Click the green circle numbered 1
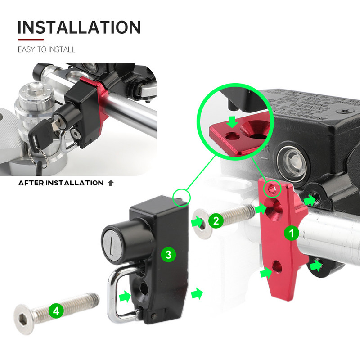[292, 233]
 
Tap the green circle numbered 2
[216, 221]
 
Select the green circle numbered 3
[168, 255]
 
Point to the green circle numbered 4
[56, 311]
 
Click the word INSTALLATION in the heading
[79, 27]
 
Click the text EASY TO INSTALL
[46, 49]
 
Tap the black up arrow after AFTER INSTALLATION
[111, 183]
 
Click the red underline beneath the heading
[31, 40]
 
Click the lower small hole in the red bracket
[277, 266]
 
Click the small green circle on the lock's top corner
[182, 197]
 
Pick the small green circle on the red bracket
[272, 189]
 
